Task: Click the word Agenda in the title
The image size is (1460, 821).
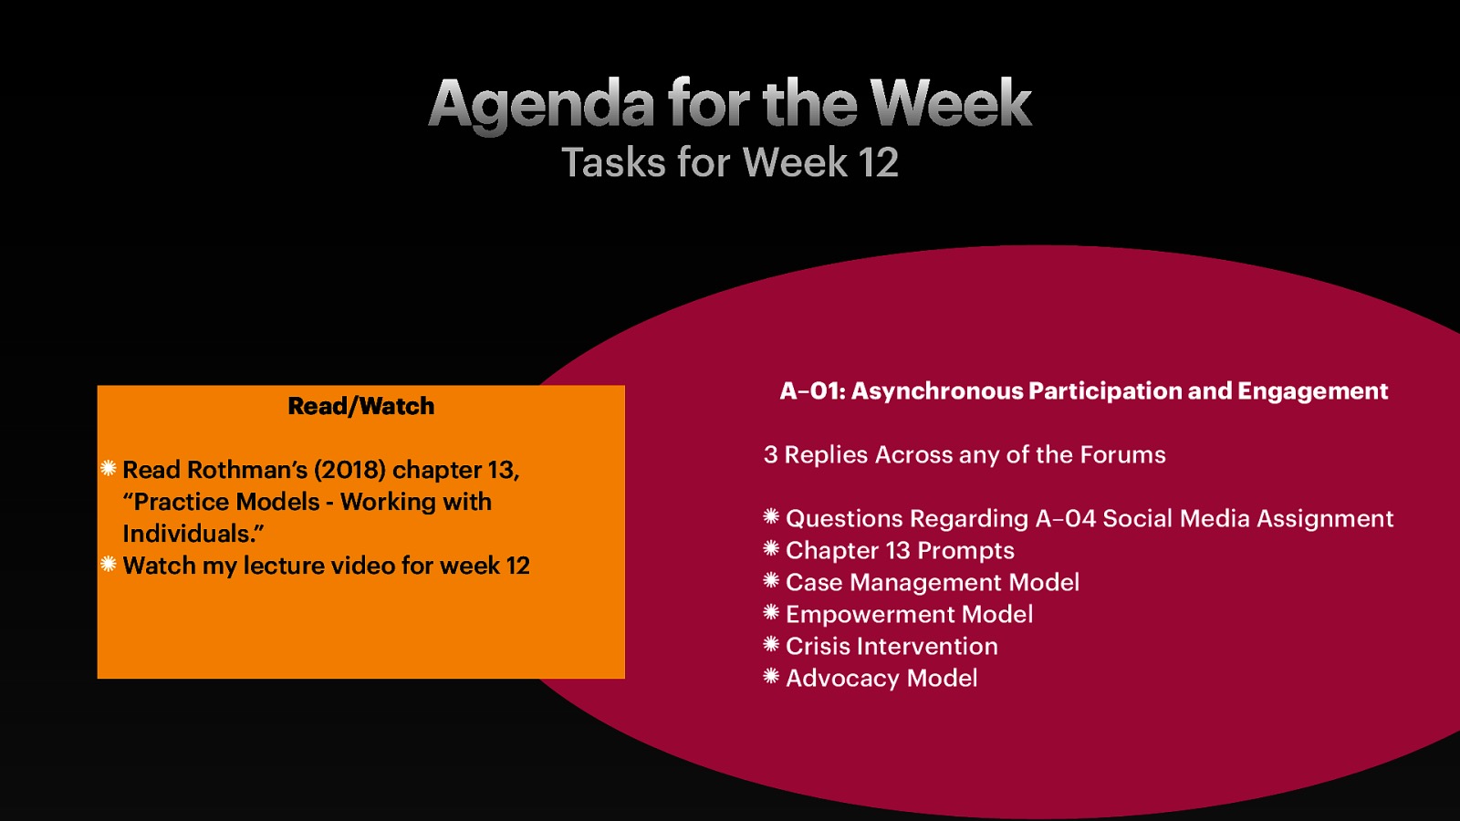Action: (541, 104)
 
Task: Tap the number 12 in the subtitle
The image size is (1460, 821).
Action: (878, 163)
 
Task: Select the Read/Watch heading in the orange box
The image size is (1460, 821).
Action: (360, 406)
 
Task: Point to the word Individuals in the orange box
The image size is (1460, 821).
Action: (186, 534)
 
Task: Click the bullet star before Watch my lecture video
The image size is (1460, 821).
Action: (109, 565)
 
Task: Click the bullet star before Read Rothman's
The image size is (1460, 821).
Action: (109, 469)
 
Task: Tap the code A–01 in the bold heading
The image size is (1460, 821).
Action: (810, 391)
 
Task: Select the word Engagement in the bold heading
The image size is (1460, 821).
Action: (1312, 391)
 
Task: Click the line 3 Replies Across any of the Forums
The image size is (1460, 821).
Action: (965, 455)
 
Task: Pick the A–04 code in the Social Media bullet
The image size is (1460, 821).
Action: (1065, 519)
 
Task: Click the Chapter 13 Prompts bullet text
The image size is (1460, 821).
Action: (900, 551)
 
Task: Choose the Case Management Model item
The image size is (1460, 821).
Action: (932, 583)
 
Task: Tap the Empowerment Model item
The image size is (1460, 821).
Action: (909, 615)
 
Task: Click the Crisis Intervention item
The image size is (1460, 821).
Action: (892, 647)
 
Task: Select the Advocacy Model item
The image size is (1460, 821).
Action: (881, 679)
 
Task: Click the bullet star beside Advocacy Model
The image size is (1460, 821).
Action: (771, 677)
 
